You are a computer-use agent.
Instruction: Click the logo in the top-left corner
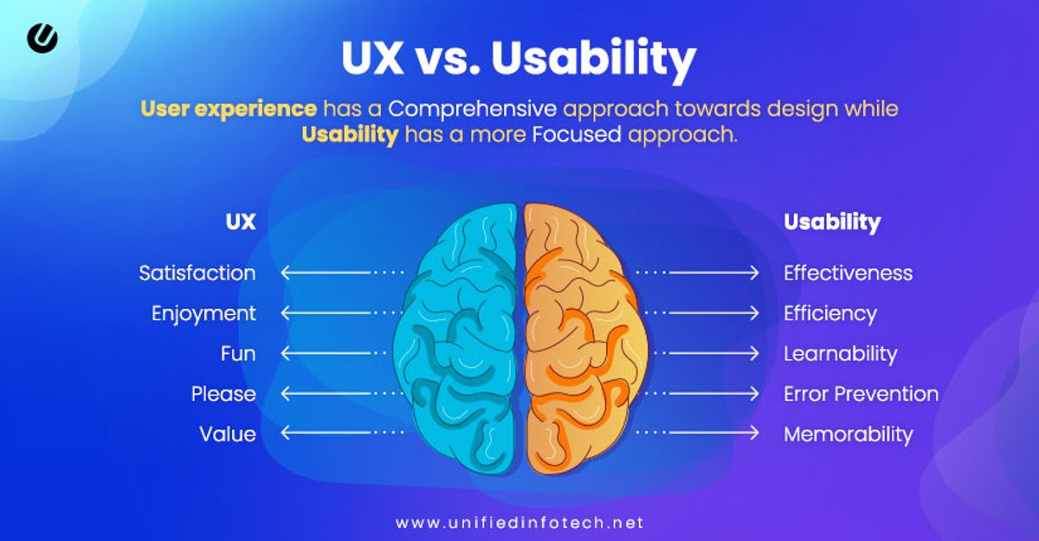(42, 37)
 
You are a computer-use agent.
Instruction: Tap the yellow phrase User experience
(229, 109)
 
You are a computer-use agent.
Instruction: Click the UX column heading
(240, 222)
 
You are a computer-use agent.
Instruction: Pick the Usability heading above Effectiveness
(831, 222)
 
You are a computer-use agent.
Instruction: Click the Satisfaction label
(197, 273)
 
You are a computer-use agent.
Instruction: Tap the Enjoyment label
(203, 313)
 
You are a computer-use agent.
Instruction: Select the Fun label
(238, 353)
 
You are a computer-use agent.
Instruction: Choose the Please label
(223, 394)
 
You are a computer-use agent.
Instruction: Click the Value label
(228, 434)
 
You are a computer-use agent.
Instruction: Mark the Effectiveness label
(848, 273)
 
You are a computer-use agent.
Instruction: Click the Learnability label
(840, 353)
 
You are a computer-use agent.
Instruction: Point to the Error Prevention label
(861, 394)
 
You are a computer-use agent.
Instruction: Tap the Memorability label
(848, 434)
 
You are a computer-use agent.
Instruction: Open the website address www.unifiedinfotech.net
(519, 523)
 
